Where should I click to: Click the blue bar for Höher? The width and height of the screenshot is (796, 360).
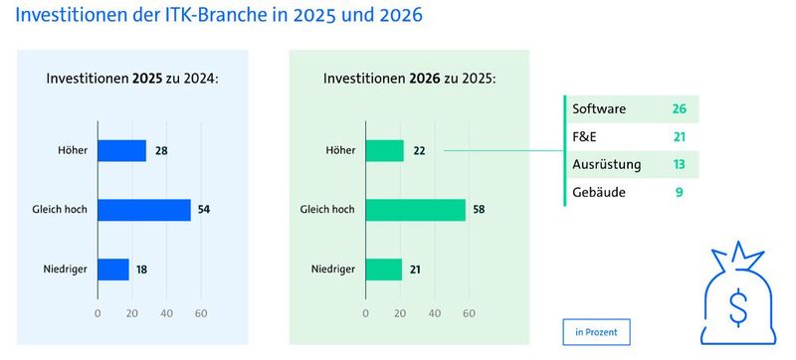[121, 150]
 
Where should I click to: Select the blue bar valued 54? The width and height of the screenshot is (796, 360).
[144, 210]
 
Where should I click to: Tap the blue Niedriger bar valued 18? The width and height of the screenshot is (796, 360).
[113, 270]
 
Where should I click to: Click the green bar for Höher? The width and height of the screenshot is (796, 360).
[385, 150]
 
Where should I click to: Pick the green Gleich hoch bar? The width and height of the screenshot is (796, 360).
[416, 210]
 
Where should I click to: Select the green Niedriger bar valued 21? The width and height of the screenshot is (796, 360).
[384, 270]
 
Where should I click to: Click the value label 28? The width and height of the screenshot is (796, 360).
[161, 150]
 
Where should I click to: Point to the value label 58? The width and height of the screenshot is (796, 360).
[480, 210]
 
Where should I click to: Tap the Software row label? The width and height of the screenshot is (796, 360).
[599, 107]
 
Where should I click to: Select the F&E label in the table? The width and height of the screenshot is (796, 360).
[584, 135]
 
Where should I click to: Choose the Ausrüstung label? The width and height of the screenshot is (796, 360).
[606, 164]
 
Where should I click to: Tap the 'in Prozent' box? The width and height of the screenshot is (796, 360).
[596, 330]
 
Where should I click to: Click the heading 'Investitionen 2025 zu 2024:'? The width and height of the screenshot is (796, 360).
[132, 79]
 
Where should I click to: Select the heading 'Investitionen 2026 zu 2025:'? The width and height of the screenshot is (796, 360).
[410, 79]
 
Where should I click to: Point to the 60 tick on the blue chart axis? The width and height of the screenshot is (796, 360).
[200, 314]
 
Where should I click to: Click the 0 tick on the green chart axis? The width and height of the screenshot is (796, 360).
[367, 314]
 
